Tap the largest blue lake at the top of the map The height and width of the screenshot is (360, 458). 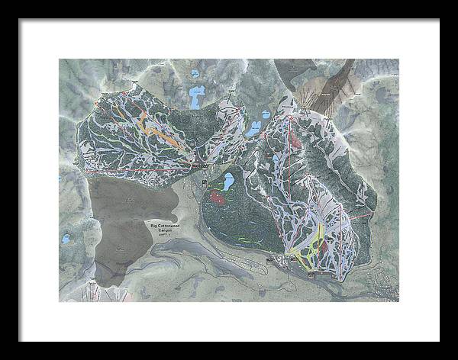coord(197,97)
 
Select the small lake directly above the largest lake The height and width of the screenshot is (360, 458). coord(196,74)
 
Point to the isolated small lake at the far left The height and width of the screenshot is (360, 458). coord(66,239)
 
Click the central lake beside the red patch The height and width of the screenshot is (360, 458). coord(227,182)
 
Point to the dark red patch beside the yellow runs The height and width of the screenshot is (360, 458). coord(327,247)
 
